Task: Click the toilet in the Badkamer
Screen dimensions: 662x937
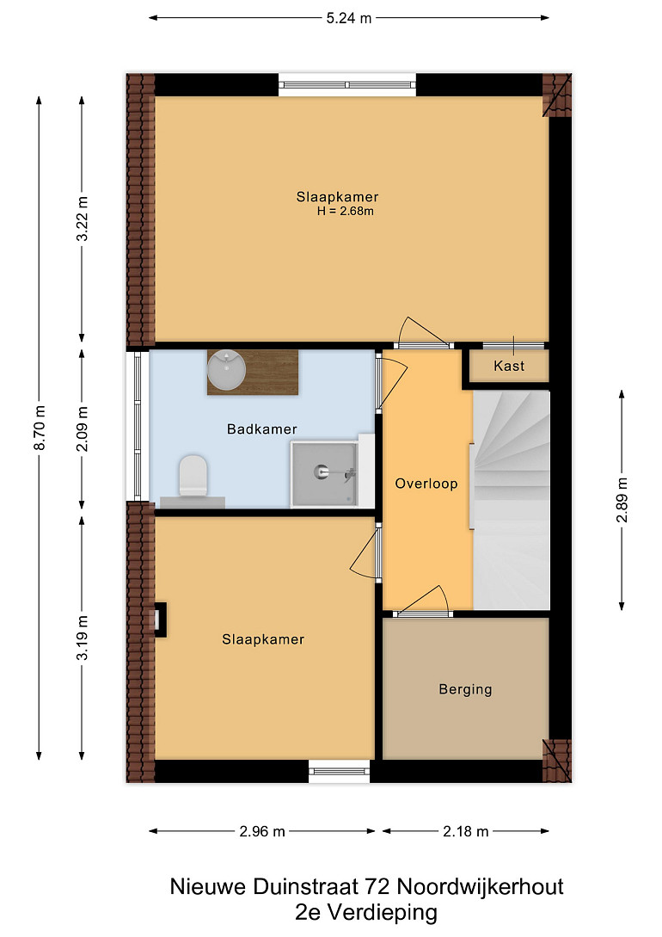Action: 193,476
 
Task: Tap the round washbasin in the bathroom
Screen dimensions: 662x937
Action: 226,370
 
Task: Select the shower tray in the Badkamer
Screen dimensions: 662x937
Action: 324,474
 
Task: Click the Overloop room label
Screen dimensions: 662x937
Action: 426,484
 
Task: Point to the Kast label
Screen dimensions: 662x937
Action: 509,366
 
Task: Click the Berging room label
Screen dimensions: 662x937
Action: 466,689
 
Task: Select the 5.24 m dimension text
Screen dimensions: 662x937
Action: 348,18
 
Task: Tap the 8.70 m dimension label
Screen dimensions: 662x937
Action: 40,428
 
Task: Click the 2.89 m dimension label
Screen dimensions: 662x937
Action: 622,500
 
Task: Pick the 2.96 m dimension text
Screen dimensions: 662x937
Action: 262,831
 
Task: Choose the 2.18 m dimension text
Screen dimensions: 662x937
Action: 466,831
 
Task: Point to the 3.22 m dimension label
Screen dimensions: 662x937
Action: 83,219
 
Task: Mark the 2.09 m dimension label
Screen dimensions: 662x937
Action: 83,429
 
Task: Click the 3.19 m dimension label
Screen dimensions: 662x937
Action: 83,638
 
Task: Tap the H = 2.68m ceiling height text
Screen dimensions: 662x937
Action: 346,211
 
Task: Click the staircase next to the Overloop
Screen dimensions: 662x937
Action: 511,500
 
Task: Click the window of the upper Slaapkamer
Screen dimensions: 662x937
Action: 347,85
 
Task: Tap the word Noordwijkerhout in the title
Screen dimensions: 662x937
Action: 481,886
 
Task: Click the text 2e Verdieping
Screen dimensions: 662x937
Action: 366,913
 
